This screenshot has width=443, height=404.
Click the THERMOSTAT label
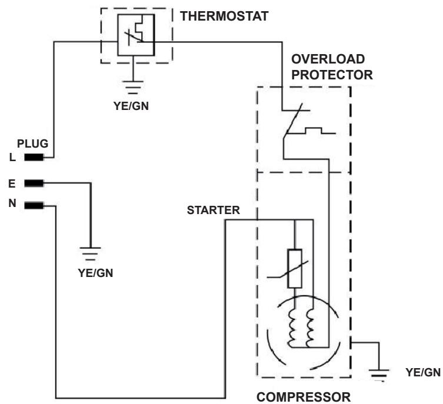[x=224, y=16]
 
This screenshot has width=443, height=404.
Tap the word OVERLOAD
[x=328, y=59]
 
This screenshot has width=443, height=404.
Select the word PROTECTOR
[x=332, y=75]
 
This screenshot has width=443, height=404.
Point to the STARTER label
[x=214, y=211]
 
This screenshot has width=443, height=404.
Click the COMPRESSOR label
[x=304, y=397]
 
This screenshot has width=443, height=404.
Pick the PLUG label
[x=32, y=143]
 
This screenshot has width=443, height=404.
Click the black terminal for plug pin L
[x=34, y=157]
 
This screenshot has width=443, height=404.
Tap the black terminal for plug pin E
[x=34, y=183]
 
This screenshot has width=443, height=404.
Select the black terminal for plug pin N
[x=34, y=205]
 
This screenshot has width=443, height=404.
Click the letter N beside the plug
[x=12, y=203]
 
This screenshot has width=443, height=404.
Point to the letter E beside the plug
[x=12, y=184]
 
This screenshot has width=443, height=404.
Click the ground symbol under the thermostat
[x=133, y=88]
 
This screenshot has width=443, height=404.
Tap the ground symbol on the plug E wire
[x=91, y=254]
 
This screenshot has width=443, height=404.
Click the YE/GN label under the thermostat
[x=131, y=106]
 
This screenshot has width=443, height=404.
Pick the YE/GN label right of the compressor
[x=423, y=372]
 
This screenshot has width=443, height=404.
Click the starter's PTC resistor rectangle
[x=295, y=269]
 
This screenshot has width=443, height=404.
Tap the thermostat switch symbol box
[x=136, y=35]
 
